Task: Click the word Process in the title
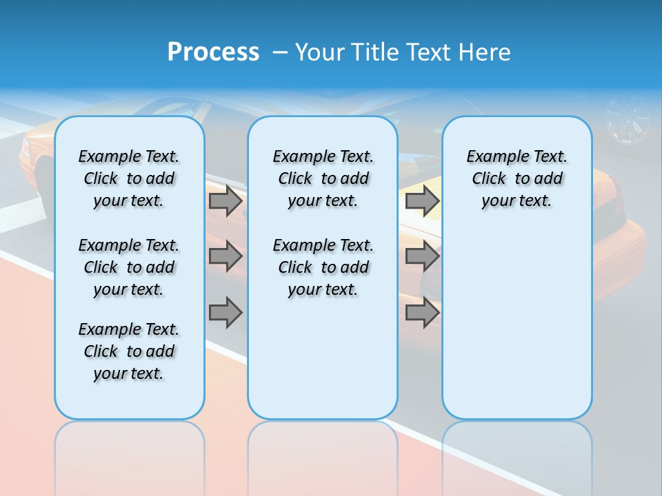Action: pos(213,52)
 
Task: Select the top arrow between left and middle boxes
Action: pos(225,201)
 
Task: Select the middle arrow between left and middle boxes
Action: pos(225,256)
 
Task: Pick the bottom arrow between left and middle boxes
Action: pos(225,313)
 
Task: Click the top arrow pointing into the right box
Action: pos(422,201)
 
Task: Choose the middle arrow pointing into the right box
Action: pos(422,256)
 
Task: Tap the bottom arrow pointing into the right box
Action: pos(422,313)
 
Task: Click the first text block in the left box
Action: pos(129,178)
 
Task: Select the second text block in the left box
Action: pos(129,267)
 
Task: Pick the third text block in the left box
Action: pos(129,351)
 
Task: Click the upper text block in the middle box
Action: pos(323,178)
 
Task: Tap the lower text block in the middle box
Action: pos(323,267)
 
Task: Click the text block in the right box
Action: pos(517,178)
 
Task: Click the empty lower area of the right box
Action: pos(517,331)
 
